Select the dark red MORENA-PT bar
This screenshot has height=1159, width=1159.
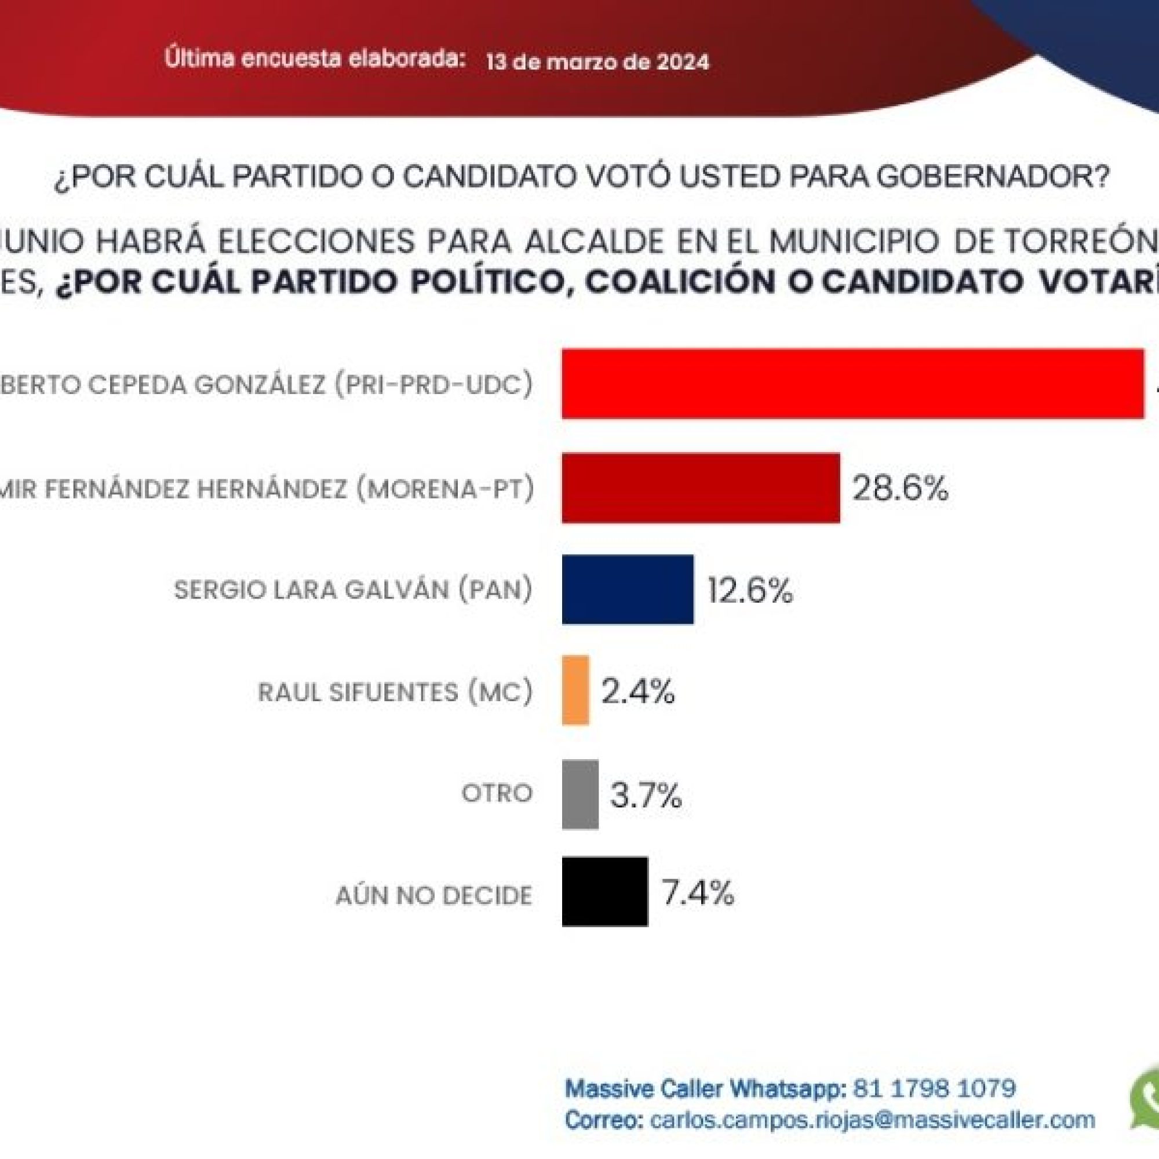pos(700,489)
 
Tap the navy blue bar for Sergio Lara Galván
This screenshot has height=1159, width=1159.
pos(628,590)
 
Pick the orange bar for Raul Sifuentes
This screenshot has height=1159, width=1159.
pos(575,691)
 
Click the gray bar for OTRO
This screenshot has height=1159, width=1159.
pos(580,795)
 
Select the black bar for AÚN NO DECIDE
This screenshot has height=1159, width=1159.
pos(604,892)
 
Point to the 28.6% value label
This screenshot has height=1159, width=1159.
pos(900,489)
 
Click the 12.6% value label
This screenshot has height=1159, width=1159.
pos(750,591)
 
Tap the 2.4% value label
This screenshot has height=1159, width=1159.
pos(637,692)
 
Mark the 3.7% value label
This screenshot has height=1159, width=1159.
pos(646,796)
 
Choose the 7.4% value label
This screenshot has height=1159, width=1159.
pos(697,892)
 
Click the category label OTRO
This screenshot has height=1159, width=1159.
pos(497,794)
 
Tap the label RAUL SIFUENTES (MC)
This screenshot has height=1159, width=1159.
pos(395,693)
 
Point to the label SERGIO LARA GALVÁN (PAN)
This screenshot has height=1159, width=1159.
pos(353,591)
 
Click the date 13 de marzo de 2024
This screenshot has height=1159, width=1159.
pos(597,63)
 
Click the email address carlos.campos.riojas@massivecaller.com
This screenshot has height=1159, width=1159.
pos(869,1120)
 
